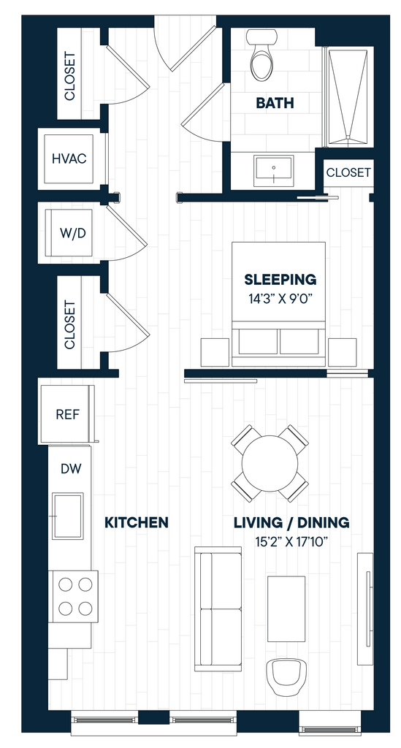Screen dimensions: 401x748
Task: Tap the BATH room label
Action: tap(275, 102)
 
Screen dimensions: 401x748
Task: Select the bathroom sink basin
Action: tap(274, 171)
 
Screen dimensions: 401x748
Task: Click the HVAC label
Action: tap(69, 159)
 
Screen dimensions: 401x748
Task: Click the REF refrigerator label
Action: tap(68, 414)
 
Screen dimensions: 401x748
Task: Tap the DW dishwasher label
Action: tap(71, 469)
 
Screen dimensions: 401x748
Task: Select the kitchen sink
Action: tap(68, 516)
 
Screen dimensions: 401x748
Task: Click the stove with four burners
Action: tap(74, 596)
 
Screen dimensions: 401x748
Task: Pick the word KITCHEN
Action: tap(137, 522)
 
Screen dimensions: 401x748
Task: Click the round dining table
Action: tap(270, 463)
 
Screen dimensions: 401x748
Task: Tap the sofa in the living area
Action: tap(218, 609)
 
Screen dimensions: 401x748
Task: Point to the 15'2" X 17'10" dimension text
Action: tap(291, 543)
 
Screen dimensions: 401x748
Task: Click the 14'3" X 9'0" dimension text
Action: tap(280, 299)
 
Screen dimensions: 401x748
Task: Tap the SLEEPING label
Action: tap(280, 279)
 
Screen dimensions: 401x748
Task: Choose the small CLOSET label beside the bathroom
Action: tap(348, 172)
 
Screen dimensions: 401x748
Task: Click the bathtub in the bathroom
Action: tap(348, 97)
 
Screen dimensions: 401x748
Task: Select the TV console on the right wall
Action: tap(365, 608)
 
